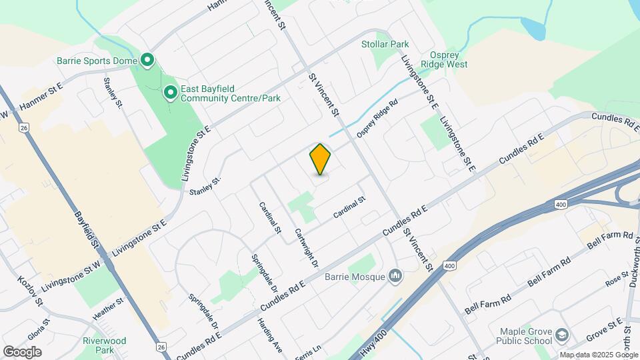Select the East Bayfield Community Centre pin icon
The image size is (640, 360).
[170, 93]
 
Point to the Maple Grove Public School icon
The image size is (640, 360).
[562, 335]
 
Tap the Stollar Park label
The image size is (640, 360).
[385, 44]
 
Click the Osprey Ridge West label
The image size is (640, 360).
[439, 59]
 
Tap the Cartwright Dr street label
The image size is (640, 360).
[306, 248]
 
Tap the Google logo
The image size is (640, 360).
[22, 351]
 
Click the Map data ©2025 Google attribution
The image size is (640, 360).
[598, 354]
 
